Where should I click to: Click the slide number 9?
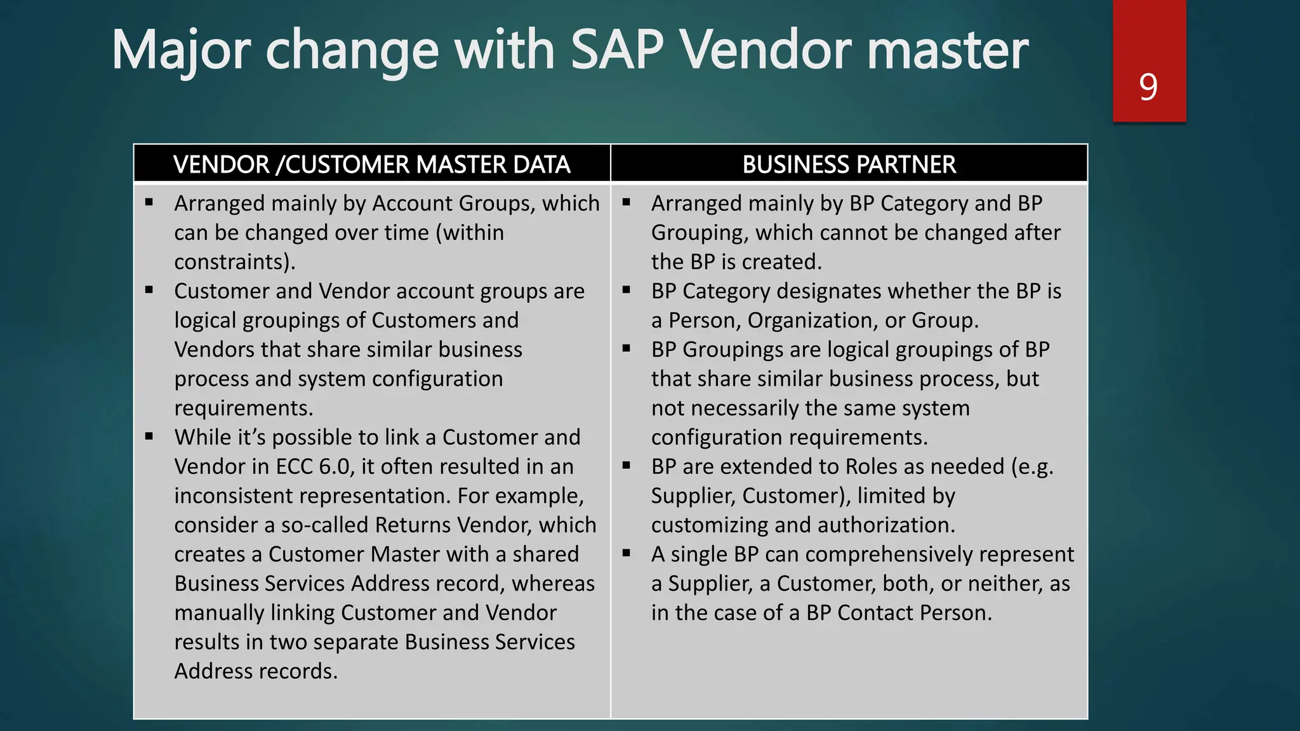point(1148,87)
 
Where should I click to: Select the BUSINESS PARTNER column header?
point(849,164)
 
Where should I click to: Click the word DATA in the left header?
point(541,164)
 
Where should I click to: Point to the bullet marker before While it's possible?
point(149,436)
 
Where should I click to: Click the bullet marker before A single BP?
point(627,553)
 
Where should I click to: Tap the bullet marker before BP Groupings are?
point(627,348)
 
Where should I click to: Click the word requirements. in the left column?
point(244,408)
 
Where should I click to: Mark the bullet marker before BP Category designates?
point(627,290)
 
